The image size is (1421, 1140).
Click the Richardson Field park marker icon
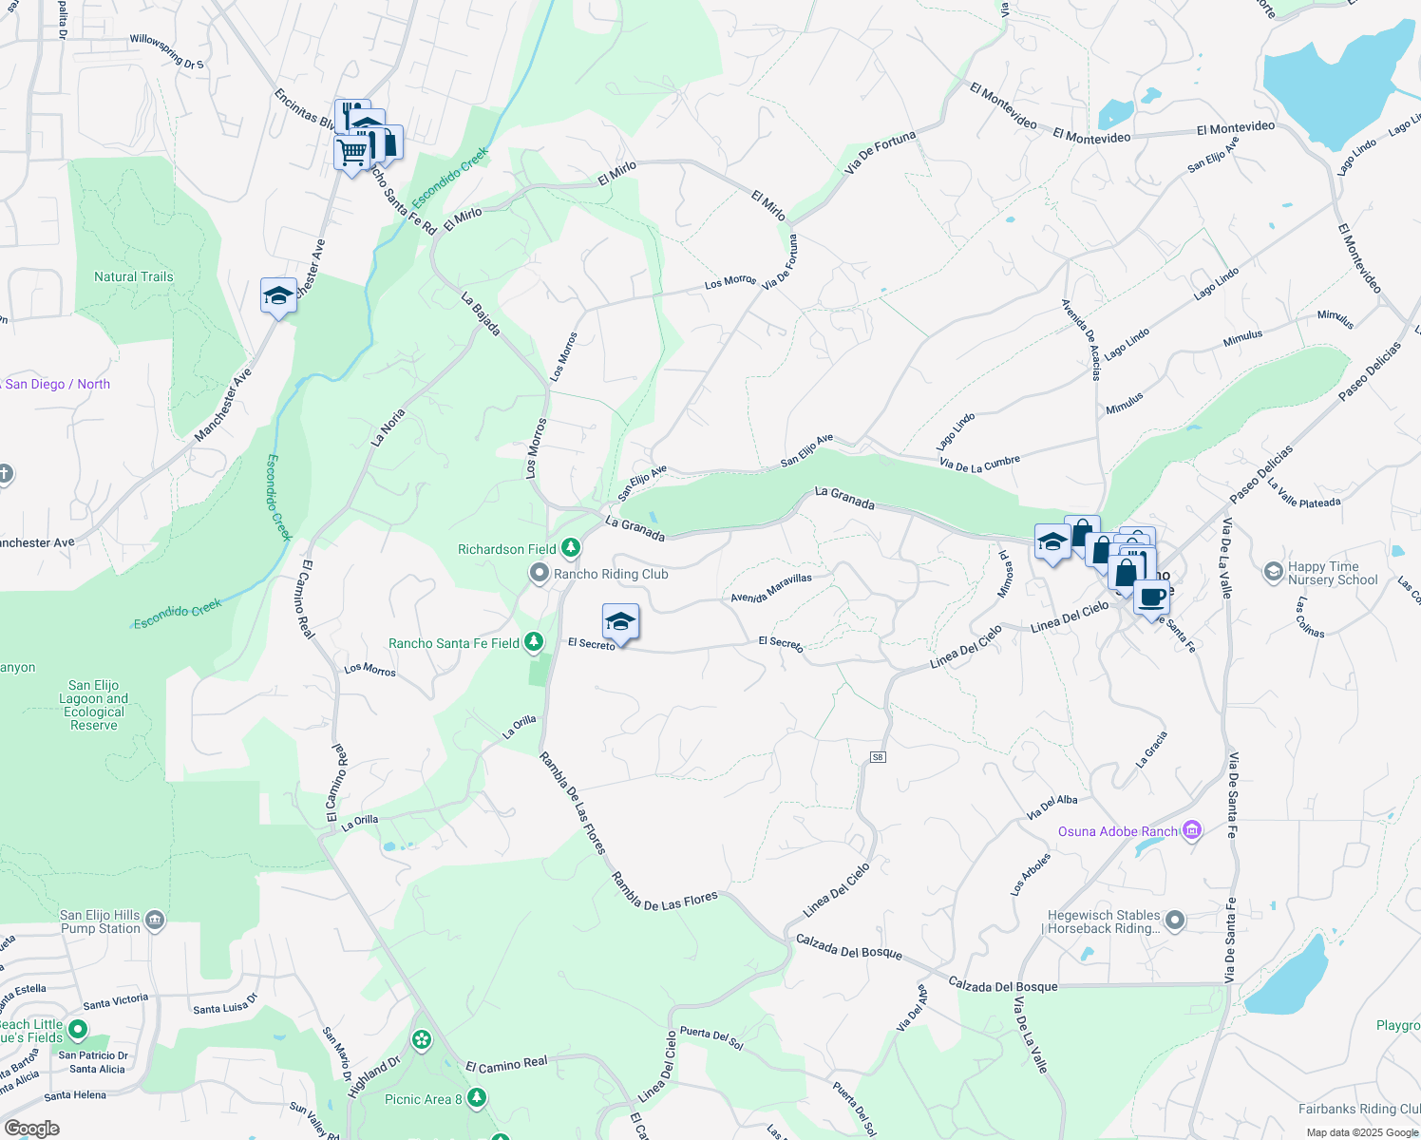pos(570,548)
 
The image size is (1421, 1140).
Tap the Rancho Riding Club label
pos(611,574)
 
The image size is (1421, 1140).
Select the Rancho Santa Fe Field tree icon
pos(534,643)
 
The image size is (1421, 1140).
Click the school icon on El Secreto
pos(620,623)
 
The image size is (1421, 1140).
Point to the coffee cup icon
pos(1151,598)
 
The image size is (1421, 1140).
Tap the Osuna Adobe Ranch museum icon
pos(1192,831)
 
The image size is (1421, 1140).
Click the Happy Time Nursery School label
pos(1332,573)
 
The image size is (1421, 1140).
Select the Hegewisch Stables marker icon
pos(1175,920)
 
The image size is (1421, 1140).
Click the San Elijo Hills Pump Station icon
pos(155,920)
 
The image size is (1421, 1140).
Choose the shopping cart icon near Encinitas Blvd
pos(352,152)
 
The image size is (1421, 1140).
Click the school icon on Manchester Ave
pos(278,295)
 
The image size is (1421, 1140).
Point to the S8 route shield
pos(878,757)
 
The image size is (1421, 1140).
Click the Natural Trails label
pos(134,276)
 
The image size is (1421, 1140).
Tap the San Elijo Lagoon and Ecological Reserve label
pos(93,705)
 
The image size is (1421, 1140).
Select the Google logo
pos(31,1128)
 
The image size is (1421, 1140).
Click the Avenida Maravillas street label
pos(771,588)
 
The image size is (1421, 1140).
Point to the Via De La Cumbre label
pos(979,464)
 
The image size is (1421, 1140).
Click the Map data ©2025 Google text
pos(1360,1132)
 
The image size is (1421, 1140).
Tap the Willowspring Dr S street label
pos(167,51)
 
